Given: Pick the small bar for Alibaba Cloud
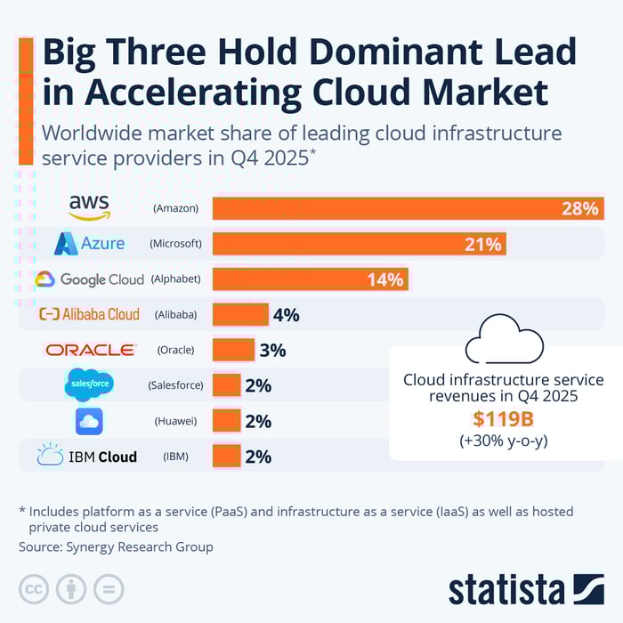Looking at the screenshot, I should pos(240,314).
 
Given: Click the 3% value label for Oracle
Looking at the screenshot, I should pos(272,350).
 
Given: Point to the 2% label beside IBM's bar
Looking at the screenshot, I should pos(258,457).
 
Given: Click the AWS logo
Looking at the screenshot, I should pos(89,207).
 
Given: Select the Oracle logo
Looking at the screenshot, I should pos(91,350).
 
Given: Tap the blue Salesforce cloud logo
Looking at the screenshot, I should pos(89,385).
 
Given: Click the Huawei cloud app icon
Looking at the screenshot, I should pos(89,421).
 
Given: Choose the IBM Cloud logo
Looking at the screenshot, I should pos(87,457).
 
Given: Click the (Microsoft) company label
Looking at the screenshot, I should pos(175,244).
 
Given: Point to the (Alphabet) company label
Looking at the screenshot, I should pos(175,279).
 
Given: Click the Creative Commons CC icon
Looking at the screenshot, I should pos(35,588).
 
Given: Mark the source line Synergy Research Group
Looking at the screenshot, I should pos(116,546).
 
